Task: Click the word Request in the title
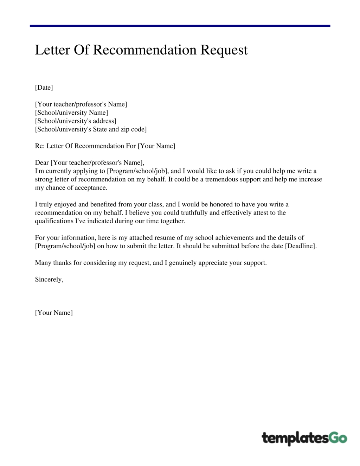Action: point(224,50)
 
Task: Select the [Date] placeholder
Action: point(44,88)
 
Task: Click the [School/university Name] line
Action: point(71,113)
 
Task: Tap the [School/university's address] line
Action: point(76,121)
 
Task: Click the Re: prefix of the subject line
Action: point(40,146)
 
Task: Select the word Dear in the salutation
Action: point(42,162)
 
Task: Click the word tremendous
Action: point(221,179)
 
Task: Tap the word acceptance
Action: point(91,188)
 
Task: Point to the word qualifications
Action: point(54,221)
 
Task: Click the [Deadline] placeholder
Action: point(301,246)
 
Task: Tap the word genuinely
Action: point(182,263)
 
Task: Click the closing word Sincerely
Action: point(49,280)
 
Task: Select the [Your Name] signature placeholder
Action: point(54,313)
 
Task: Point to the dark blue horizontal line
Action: point(180,26)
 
